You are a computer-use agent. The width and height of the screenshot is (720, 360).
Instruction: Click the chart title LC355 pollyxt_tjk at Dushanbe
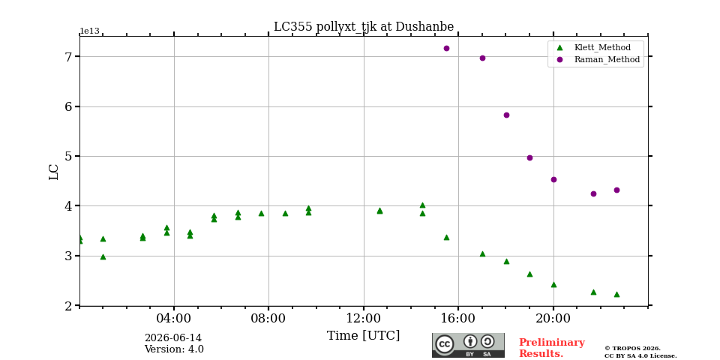pos(364,27)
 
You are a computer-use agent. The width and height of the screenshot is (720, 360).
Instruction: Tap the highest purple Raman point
pos(446,48)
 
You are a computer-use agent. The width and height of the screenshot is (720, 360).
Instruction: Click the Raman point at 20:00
pos(553,179)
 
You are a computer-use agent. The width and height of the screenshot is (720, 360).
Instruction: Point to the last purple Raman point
pos(616,190)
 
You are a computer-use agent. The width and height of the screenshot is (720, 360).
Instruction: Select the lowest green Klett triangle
pos(616,294)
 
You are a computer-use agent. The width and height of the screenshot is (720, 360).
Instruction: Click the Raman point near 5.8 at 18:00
pos(506,115)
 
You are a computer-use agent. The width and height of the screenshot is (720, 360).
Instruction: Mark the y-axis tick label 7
pos(69,57)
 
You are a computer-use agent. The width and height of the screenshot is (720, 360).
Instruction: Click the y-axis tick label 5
pos(69,157)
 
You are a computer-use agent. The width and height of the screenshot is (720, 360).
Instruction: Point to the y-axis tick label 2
pos(69,306)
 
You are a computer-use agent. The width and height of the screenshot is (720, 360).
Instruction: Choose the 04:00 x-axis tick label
pos(175,318)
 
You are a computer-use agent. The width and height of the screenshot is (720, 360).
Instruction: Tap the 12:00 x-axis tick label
pos(364,318)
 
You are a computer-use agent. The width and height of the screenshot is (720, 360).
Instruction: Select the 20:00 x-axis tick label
pos(553,318)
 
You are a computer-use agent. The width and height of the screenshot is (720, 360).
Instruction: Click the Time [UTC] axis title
pos(363,336)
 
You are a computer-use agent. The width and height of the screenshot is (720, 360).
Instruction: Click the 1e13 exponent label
pos(90,31)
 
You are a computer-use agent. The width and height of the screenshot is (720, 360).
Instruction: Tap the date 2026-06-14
pos(173,338)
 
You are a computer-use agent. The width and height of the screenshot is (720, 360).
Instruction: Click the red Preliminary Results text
pos(552,348)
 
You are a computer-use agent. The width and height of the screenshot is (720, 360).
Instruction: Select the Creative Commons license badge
pos(468,345)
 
